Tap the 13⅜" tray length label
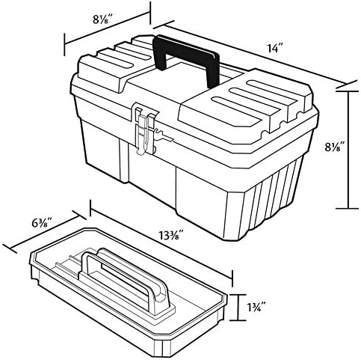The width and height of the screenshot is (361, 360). click(x=171, y=235)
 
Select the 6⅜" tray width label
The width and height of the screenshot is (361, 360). click(x=42, y=222)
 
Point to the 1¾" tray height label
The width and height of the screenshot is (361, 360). click(x=256, y=308)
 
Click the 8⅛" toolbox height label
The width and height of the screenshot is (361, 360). click(x=335, y=147)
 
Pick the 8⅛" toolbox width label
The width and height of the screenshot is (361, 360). click(x=103, y=19)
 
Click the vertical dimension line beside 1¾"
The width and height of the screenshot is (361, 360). click(x=238, y=307)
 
